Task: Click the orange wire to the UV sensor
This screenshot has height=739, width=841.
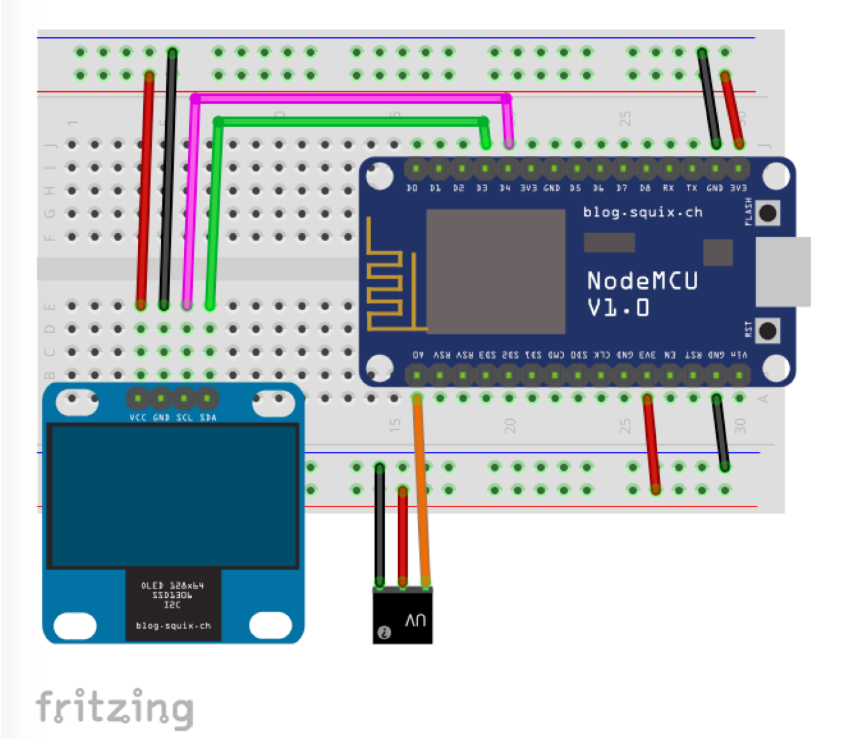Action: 421,493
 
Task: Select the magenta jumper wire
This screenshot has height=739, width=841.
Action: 348,99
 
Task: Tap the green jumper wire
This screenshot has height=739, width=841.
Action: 348,122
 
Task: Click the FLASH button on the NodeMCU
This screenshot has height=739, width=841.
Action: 767,213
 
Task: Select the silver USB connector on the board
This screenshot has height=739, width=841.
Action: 783,271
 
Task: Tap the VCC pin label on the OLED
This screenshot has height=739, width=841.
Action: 138,418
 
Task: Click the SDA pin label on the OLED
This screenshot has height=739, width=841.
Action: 208,418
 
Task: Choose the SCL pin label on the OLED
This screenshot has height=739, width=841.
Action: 184,418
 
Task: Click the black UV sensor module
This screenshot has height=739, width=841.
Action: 402,616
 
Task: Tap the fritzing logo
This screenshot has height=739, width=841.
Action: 115,708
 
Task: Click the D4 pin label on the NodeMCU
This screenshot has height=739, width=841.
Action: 505,189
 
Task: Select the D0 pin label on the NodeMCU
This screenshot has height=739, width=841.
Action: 412,189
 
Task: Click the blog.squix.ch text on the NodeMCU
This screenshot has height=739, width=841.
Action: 643,212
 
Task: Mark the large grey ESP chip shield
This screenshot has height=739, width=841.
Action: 496,271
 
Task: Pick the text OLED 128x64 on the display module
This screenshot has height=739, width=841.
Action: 173,585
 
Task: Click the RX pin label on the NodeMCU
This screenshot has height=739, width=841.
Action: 668,189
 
